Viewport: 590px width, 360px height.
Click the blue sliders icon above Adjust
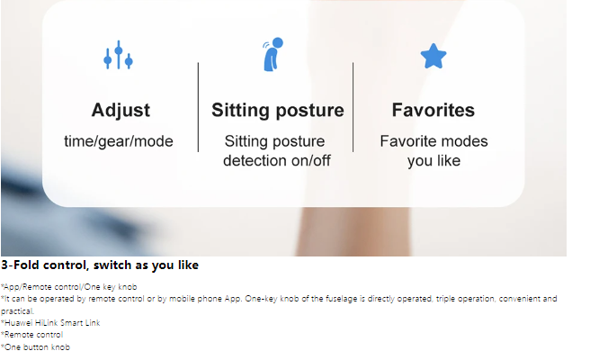(118, 55)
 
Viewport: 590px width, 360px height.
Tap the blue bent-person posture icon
(273, 54)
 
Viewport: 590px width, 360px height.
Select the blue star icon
(434, 56)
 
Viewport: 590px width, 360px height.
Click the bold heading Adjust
(121, 111)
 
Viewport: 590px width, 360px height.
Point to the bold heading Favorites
(434, 110)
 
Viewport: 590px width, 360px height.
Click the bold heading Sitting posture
(278, 111)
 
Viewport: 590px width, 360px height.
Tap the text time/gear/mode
(119, 141)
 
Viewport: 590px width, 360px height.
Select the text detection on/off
(277, 161)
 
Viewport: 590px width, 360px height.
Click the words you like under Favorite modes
(434, 161)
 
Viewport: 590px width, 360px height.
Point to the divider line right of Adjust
(198, 107)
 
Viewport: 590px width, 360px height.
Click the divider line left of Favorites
(353, 107)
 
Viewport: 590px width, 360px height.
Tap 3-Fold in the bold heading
(20, 265)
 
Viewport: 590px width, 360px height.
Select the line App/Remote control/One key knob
(69, 287)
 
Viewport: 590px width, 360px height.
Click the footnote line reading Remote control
(32, 335)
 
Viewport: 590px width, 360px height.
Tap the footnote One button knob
(35, 347)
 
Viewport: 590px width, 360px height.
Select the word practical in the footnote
(17, 311)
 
